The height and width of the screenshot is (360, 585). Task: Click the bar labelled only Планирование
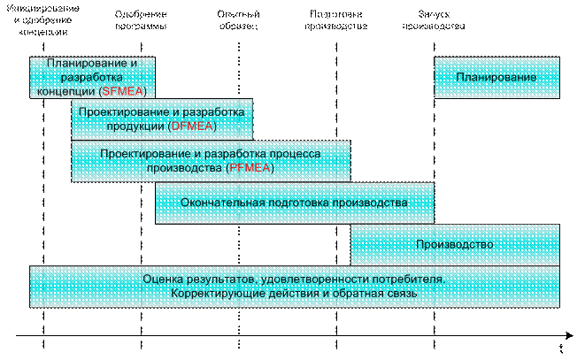point(496,78)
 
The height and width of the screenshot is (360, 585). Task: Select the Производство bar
point(455,244)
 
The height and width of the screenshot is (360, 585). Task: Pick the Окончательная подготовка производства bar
point(295,203)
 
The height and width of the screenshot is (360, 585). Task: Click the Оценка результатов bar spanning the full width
point(295,287)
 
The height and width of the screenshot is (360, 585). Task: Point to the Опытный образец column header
point(237,19)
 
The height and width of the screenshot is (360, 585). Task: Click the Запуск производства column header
point(440,19)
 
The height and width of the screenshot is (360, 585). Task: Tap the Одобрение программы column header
point(141,19)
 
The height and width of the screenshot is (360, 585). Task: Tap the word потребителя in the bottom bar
point(412,280)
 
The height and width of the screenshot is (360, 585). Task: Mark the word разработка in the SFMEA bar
point(93,78)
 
